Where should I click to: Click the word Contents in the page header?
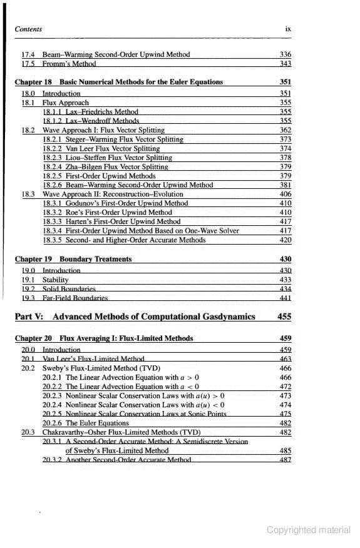[28, 29]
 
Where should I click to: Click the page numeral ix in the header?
[288, 29]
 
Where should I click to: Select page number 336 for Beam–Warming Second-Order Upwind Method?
[285, 54]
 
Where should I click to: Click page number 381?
[285, 185]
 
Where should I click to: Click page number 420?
[285, 240]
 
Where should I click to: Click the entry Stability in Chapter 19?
[54, 280]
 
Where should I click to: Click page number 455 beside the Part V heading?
[284, 317]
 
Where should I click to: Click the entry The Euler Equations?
[97, 423]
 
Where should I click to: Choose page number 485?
[285, 450]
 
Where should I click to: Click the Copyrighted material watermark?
[308, 530]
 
